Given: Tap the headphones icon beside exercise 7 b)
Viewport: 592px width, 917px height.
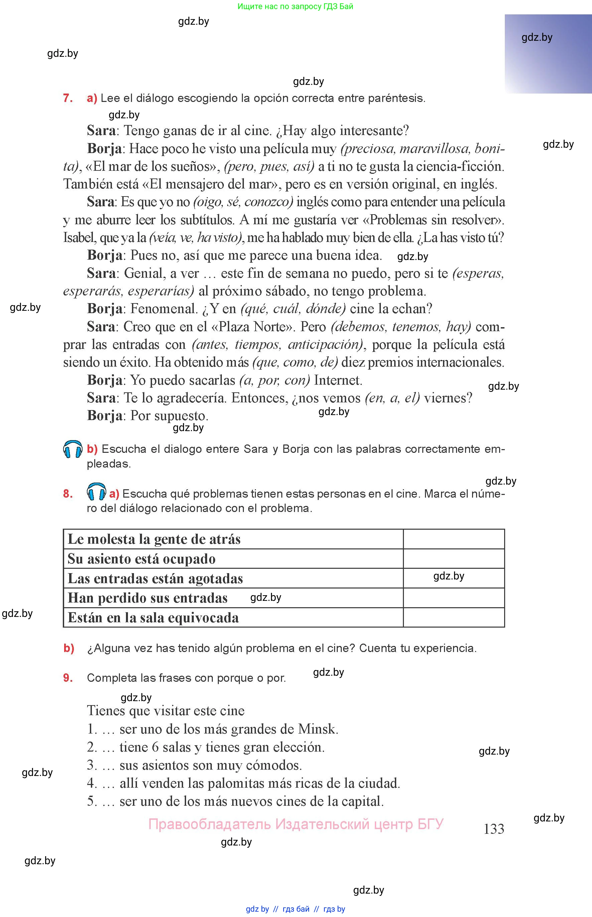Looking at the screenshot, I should (72, 449).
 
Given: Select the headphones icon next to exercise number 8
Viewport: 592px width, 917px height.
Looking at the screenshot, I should (97, 492).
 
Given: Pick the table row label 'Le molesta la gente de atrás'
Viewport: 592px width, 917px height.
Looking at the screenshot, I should (154, 539).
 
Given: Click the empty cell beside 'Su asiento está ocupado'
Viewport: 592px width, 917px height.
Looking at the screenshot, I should (454, 559).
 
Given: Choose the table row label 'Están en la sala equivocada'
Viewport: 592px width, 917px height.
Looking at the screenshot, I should (153, 618).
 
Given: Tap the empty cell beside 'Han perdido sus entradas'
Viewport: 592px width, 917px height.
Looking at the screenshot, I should (454, 598).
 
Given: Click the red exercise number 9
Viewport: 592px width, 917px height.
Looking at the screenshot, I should (68, 678).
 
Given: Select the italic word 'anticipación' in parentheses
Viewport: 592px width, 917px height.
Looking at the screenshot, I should (324, 345).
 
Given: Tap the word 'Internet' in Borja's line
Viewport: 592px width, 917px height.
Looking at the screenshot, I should (337, 380).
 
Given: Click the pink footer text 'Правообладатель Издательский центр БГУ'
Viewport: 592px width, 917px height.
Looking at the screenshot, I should (296, 824).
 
